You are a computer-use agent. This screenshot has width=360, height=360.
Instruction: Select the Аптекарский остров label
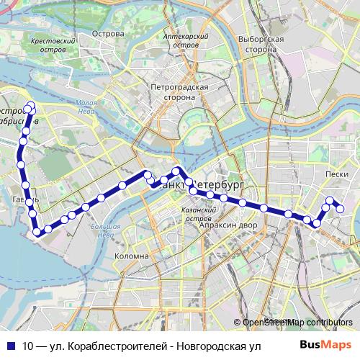pos(186,40)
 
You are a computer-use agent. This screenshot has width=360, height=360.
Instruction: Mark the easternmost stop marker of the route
pos(341,210)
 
